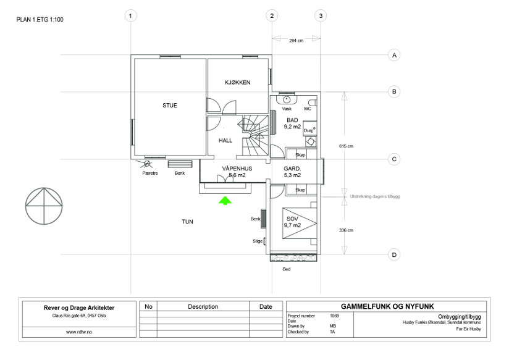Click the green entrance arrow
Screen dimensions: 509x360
point(225,200)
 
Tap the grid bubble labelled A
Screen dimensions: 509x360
point(394,55)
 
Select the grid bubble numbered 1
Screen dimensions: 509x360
point(130,15)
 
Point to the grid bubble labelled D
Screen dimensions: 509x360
point(394,255)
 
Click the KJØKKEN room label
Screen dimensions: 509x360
point(238,83)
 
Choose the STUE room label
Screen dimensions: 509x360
point(170,105)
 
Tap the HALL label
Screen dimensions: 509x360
point(225,141)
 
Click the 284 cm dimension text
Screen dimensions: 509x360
point(296,41)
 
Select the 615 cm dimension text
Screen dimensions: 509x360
point(346,146)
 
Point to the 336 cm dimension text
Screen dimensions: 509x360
point(346,230)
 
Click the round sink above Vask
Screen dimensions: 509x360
point(287,99)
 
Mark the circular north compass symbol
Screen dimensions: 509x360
point(44,206)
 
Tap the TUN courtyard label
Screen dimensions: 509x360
point(187,222)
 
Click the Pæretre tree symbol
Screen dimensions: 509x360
point(147,164)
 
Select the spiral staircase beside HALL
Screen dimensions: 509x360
point(256,135)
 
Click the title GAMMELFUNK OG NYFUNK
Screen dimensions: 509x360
point(387,306)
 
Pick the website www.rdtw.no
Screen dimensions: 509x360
point(79,332)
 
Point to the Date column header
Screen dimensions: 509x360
point(266,306)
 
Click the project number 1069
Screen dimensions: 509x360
point(334,316)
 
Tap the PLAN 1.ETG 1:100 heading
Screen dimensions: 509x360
point(40,20)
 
